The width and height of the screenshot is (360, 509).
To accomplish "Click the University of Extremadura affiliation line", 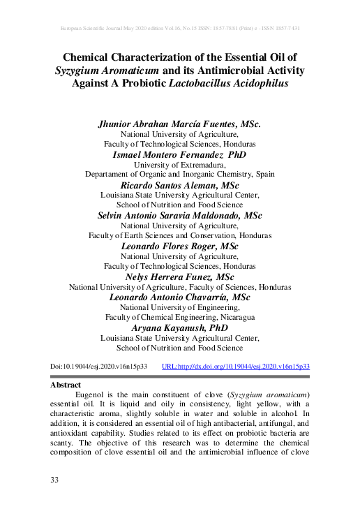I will click(x=180, y=164).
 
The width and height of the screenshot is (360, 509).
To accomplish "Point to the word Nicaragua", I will click(x=234, y=318).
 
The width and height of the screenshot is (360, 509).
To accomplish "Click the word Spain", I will click(x=264, y=174).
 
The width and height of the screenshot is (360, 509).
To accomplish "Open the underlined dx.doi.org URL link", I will click(x=235, y=365).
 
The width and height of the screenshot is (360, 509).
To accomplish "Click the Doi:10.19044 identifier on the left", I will click(x=98, y=365).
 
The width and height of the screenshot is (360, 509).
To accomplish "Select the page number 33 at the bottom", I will click(x=55, y=480).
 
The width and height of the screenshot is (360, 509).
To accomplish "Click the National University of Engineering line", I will click(x=180, y=307).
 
